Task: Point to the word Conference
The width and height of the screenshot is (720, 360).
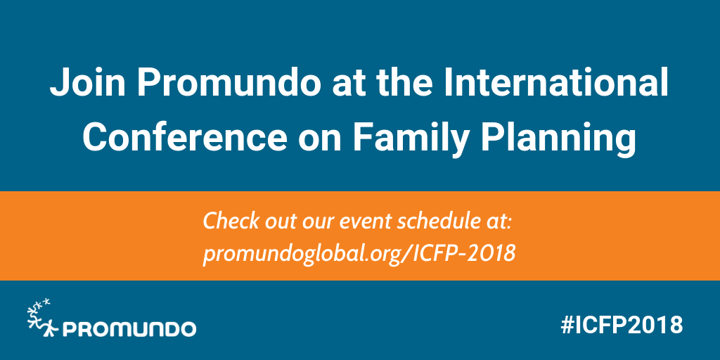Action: [184, 137]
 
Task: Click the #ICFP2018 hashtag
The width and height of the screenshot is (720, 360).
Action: [622, 325]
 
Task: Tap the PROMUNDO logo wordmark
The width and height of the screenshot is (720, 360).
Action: [129, 328]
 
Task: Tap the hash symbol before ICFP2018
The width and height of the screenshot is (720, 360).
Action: [568, 325]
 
